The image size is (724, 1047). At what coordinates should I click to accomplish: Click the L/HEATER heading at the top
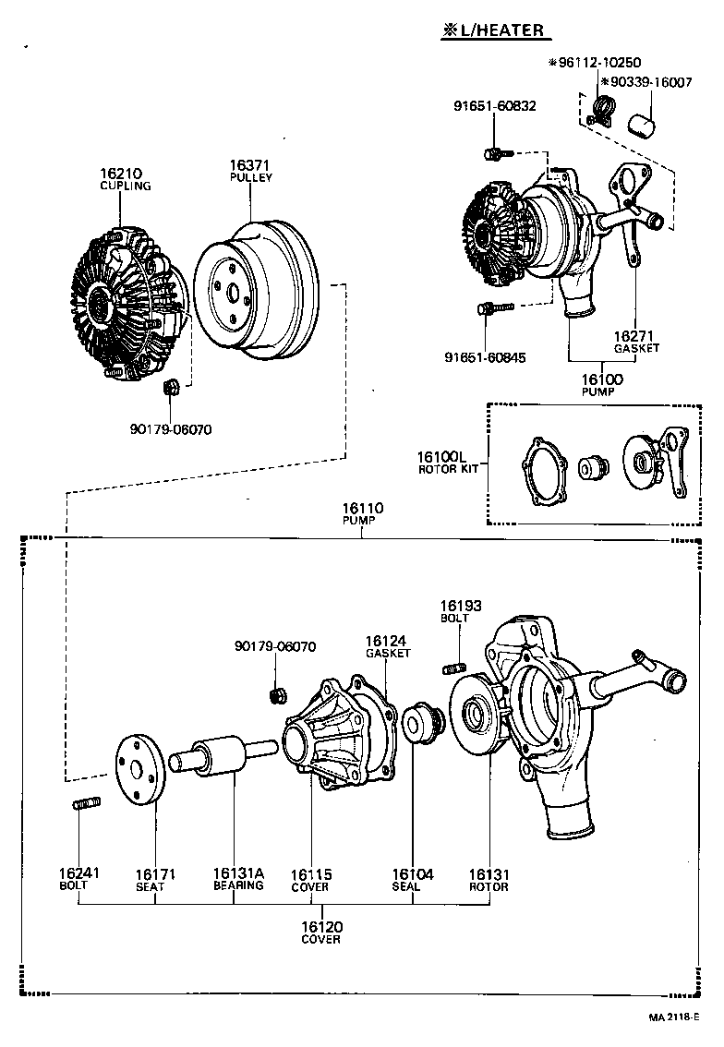click(496, 30)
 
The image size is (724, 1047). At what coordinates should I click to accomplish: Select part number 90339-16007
click(646, 82)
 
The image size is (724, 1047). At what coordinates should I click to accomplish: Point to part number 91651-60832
click(495, 105)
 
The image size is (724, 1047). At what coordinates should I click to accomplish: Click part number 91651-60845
click(485, 357)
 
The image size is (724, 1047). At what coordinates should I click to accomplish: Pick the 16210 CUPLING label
click(125, 180)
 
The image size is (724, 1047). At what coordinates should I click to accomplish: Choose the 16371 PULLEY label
click(250, 171)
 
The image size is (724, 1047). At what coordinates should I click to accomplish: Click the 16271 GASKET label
click(636, 342)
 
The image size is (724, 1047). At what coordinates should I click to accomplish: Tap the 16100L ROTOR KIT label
click(448, 462)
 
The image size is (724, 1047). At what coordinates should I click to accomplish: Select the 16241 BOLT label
click(78, 878)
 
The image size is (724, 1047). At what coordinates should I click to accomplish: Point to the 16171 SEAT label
click(155, 880)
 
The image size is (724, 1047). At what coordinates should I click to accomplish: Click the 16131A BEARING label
click(238, 879)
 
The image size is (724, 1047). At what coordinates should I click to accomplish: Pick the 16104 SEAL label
click(412, 880)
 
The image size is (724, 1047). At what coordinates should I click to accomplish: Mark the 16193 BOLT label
click(460, 611)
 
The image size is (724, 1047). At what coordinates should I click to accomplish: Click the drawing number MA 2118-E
click(673, 1017)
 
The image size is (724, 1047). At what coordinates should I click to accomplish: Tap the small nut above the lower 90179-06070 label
click(275, 696)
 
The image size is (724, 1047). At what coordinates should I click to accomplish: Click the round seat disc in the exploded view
click(139, 768)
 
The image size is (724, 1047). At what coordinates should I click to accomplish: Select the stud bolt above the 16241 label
click(87, 803)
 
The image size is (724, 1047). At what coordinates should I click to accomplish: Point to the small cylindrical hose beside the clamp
click(642, 126)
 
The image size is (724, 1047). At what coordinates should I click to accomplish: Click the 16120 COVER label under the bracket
click(321, 933)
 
